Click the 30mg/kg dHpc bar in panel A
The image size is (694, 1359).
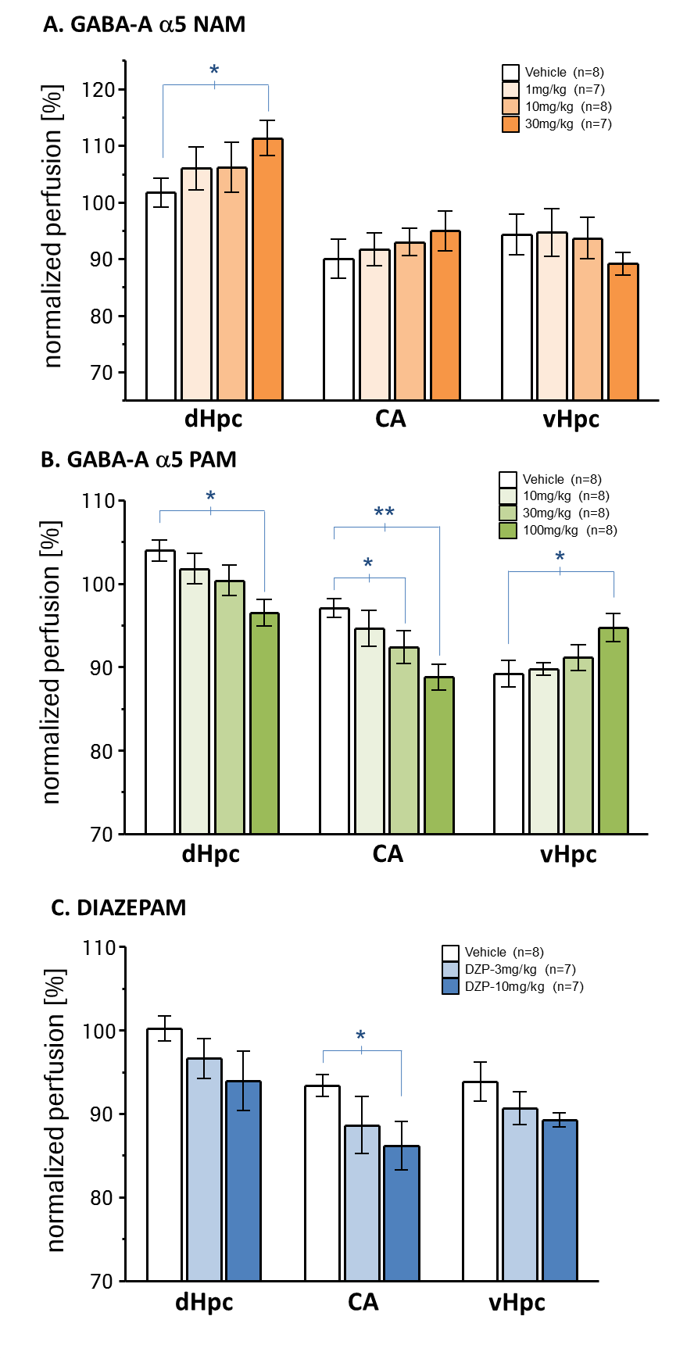267,270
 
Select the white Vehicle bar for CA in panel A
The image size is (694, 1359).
338,329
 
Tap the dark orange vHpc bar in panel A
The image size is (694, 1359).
623,331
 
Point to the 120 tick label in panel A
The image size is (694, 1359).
98,90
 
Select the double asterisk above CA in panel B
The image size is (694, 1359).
384,513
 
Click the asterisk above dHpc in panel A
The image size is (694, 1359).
214,71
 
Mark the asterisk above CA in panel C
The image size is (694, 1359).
360,1036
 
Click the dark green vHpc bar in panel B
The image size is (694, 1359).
614,731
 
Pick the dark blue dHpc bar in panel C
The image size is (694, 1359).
243,1181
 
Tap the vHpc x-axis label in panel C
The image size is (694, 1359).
517,1303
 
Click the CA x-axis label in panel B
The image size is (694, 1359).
388,854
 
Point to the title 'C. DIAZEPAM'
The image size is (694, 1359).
118,908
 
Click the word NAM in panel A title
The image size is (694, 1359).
218,24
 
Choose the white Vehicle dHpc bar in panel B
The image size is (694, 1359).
160,692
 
